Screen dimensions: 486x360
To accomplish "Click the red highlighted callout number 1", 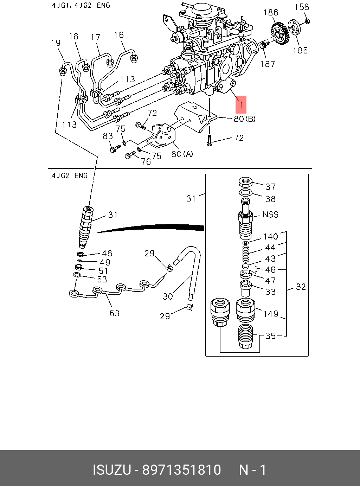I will (x=241, y=104).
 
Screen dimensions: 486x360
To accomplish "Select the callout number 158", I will (x=302, y=7).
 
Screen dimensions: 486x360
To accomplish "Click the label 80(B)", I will (x=244, y=119).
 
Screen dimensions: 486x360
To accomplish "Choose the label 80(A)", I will (x=182, y=154).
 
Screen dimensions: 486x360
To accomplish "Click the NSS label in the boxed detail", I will (x=270, y=214).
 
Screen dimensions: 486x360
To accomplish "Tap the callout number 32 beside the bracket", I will (x=301, y=287).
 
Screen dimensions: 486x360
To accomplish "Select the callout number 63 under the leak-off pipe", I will (x=115, y=313).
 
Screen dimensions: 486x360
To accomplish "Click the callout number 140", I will (x=271, y=236).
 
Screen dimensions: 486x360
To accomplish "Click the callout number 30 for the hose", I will (x=168, y=296).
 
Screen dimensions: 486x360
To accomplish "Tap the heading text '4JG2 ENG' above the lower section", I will (x=70, y=175).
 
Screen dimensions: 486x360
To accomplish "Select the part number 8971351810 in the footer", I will (x=181, y=470).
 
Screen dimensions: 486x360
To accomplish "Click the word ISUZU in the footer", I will (x=111, y=470).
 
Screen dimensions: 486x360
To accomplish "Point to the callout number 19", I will (x=56, y=43).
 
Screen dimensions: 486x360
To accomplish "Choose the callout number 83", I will (x=108, y=136).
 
